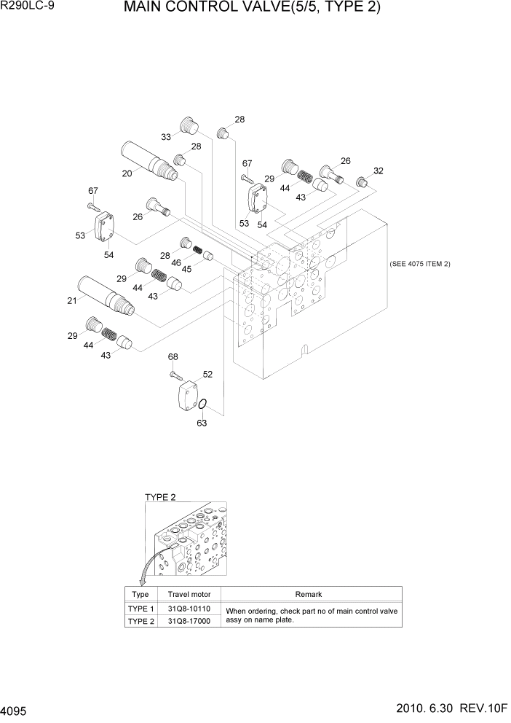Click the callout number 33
click(x=166, y=136)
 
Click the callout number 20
click(x=127, y=173)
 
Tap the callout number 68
click(x=173, y=357)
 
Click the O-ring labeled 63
click(x=205, y=405)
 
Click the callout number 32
click(x=378, y=171)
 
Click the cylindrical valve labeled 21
click(x=106, y=295)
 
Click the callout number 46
click(x=176, y=262)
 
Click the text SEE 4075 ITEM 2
click(x=421, y=264)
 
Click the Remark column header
click(x=309, y=594)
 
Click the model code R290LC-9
click(x=26, y=8)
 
